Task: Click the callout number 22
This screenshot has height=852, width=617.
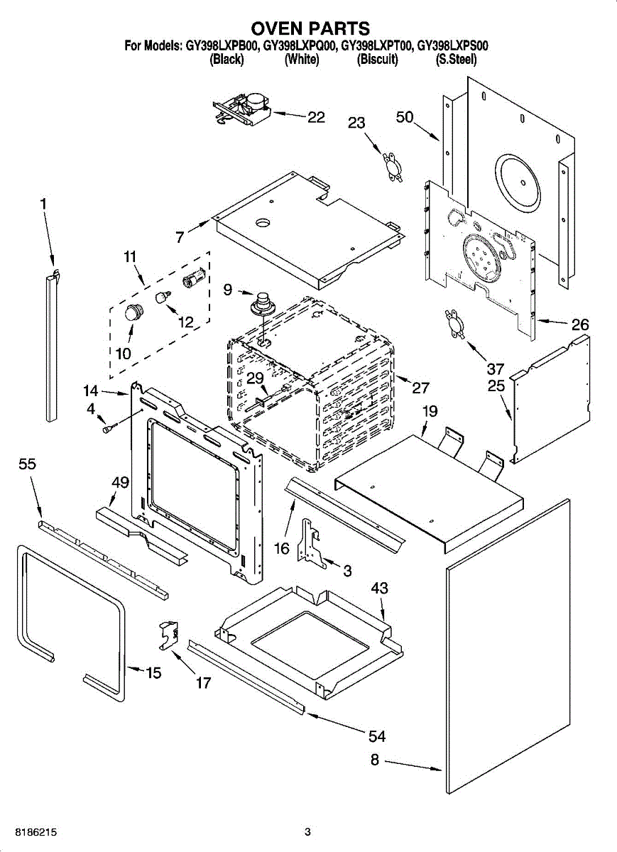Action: (316, 116)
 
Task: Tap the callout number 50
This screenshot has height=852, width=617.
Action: (405, 116)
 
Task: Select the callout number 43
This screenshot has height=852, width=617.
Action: (380, 588)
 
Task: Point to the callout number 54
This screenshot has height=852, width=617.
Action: (377, 736)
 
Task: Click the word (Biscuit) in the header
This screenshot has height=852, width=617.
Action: (377, 60)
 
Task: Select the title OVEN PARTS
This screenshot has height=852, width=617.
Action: (310, 28)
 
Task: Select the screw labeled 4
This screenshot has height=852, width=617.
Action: (107, 429)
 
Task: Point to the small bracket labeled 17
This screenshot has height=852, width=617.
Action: (169, 635)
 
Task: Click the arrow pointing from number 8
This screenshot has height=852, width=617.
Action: (413, 765)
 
